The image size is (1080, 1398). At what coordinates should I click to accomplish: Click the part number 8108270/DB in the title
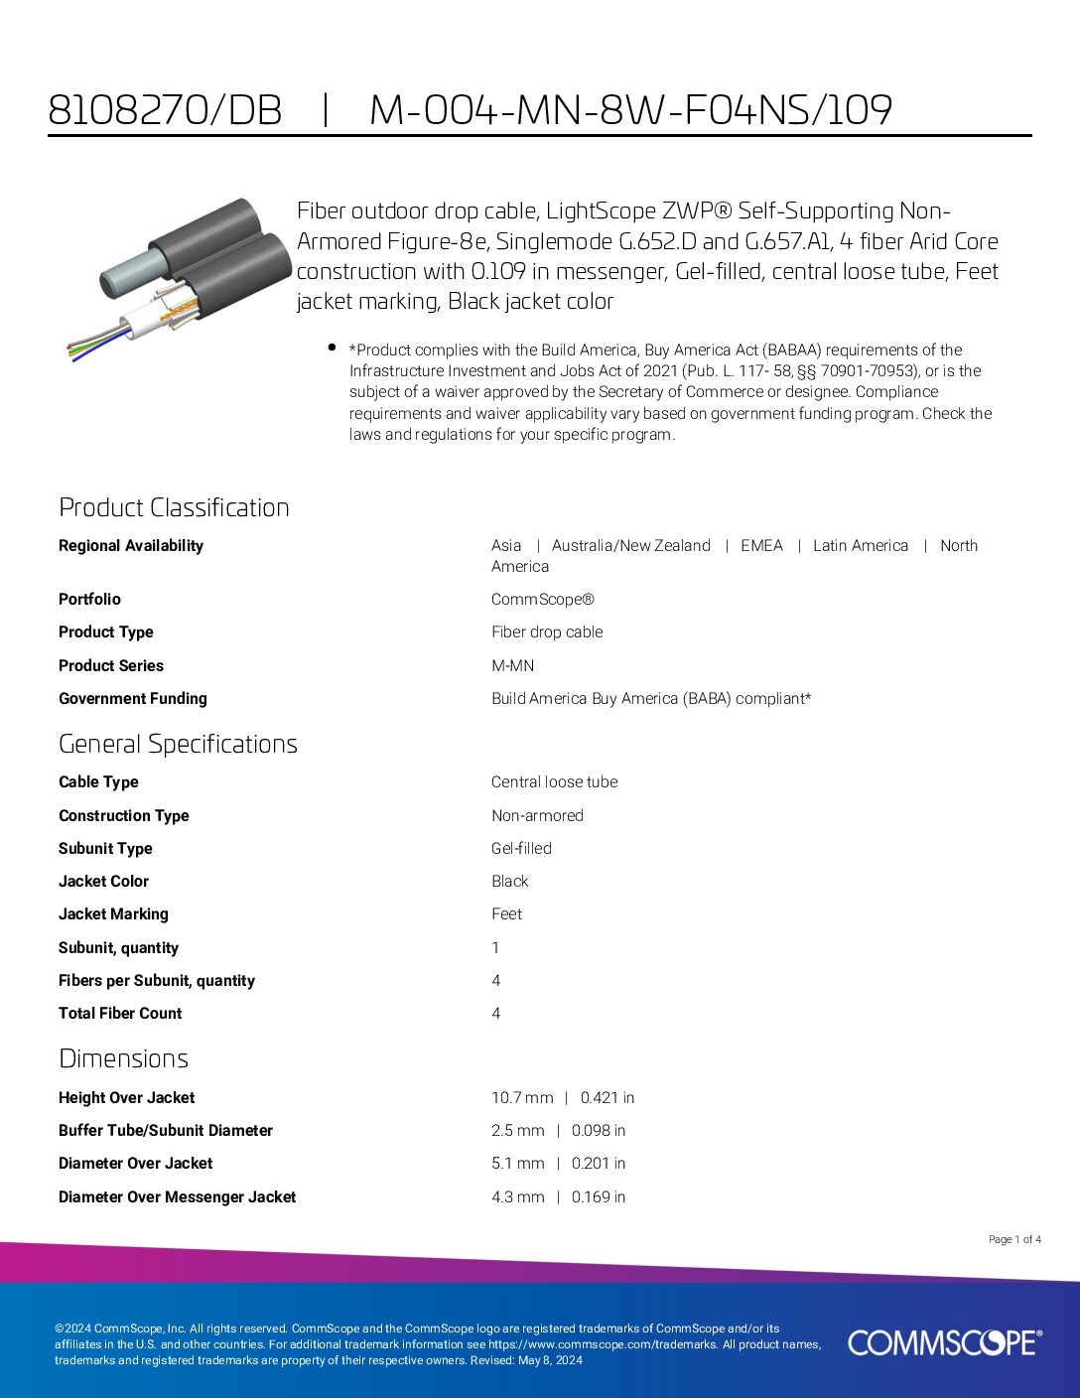pyautogui.click(x=165, y=110)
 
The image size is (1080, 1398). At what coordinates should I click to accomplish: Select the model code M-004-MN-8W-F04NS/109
pyautogui.click(x=630, y=110)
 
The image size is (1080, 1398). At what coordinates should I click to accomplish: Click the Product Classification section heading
pyautogui.click(x=174, y=507)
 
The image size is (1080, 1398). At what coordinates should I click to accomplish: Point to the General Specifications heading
pyautogui.click(x=178, y=744)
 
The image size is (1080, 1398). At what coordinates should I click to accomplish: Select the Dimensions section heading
pyautogui.click(x=123, y=1058)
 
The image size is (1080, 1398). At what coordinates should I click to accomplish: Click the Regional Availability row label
pyautogui.click(x=130, y=546)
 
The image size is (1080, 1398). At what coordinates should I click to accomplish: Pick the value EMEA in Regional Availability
pyautogui.click(x=761, y=546)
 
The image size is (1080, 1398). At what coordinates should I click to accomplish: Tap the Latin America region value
pyautogui.click(x=860, y=546)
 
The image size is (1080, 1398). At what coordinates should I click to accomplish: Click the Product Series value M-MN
pyautogui.click(x=512, y=665)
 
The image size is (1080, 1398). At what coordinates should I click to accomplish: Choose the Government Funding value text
pyautogui.click(x=650, y=699)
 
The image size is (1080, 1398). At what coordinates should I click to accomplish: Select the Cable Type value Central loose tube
pyautogui.click(x=554, y=782)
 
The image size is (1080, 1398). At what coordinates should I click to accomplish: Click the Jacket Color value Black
pyautogui.click(x=509, y=882)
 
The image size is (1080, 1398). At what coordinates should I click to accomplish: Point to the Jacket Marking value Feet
pyautogui.click(x=506, y=914)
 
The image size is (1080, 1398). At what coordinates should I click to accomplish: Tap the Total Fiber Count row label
pyautogui.click(x=120, y=1014)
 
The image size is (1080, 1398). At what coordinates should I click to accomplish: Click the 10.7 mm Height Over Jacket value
pyautogui.click(x=522, y=1098)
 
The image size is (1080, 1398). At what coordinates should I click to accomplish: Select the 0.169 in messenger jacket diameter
pyautogui.click(x=599, y=1197)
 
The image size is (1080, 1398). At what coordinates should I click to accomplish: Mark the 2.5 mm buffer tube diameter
pyautogui.click(x=517, y=1131)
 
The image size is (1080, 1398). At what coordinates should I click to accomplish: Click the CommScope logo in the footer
pyautogui.click(x=945, y=1342)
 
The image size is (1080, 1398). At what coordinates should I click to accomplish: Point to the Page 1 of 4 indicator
pyautogui.click(x=1014, y=1239)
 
